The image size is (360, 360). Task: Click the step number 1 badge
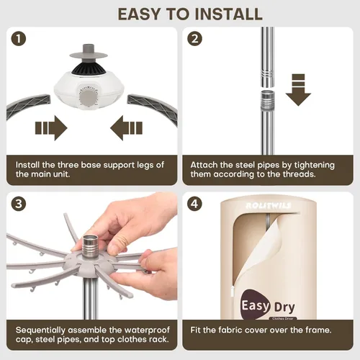click(19, 39)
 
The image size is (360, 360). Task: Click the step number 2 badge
click(194, 39)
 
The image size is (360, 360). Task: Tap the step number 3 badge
click(19, 204)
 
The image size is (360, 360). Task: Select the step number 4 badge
click(194, 204)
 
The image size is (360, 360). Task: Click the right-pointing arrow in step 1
click(51, 128)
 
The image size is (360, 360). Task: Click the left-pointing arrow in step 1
click(126, 128)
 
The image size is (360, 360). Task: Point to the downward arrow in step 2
click(298, 90)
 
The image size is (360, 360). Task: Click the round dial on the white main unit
click(89, 100)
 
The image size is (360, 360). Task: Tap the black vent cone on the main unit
click(89, 67)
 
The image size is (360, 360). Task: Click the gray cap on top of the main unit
click(89, 53)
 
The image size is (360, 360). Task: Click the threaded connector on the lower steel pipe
click(268, 101)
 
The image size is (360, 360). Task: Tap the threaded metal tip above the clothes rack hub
click(90, 245)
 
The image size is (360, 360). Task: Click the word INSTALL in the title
click(228, 14)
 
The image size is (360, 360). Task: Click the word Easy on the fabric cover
click(256, 306)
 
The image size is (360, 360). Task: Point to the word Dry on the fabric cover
click(284, 307)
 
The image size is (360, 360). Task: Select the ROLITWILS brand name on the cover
click(269, 206)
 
